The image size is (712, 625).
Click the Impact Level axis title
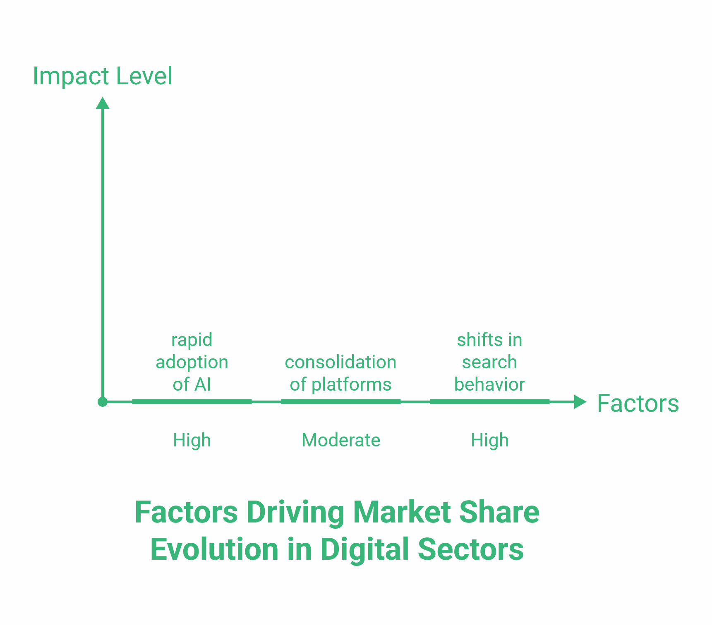[102, 76]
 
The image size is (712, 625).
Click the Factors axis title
[638, 403]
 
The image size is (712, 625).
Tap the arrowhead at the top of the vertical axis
[103, 103]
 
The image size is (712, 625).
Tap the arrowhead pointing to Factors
[580, 402]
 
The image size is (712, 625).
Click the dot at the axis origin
[103, 402]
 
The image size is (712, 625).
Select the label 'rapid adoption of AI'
[192, 362]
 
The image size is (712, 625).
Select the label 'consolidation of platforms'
[340, 373]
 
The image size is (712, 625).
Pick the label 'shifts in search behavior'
[489, 362]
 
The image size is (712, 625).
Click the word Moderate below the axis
[341, 440]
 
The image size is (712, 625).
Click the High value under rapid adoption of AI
[192, 440]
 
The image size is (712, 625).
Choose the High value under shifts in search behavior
[490, 440]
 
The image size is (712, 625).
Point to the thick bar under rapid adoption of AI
[192, 402]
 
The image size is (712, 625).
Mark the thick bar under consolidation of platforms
[341, 402]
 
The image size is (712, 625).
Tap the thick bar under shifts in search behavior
[490, 402]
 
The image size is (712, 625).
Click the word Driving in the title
[295, 513]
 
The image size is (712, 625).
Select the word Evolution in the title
[214, 549]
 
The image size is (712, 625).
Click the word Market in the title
[402, 513]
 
